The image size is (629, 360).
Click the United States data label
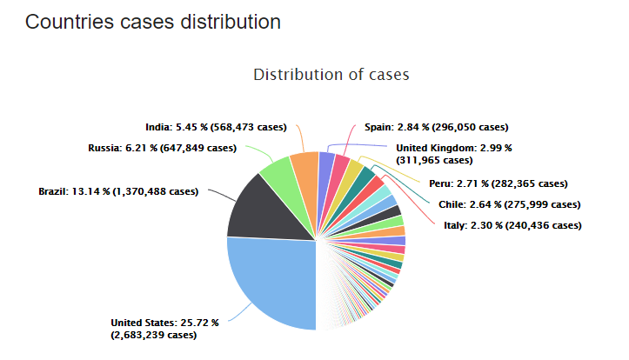tap(164, 329)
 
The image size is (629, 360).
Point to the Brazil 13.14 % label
tap(117, 191)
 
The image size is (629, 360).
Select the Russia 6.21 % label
tap(162, 148)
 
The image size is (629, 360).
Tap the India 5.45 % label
tap(216, 127)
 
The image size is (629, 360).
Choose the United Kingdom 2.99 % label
tap(445, 154)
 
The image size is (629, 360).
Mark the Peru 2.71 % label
tap(498, 183)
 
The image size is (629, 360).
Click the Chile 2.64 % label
tap(505, 204)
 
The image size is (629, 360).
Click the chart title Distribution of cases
tap(331, 75)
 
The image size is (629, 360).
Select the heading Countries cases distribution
tap(152, 22)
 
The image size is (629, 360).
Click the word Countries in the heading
tap(64, 22)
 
